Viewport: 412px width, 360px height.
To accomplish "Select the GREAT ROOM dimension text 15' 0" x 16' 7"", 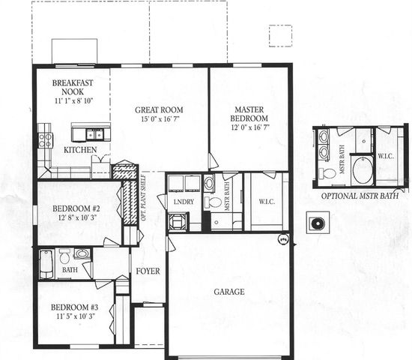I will coord(159,118).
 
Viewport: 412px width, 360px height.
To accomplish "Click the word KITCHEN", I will coord(79,150).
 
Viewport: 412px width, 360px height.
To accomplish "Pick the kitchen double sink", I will coord(94,135).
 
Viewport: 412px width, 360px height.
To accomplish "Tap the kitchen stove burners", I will coord(45,139).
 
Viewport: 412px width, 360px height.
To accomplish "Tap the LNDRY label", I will coord(184,202).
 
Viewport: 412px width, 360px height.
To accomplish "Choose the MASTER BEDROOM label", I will coord(249,114).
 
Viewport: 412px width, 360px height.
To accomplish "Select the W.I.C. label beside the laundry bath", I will coord(267,201).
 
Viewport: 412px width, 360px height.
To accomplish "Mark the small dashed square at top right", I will coord(280,36).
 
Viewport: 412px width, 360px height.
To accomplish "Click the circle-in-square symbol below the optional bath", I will coord(318,223).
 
